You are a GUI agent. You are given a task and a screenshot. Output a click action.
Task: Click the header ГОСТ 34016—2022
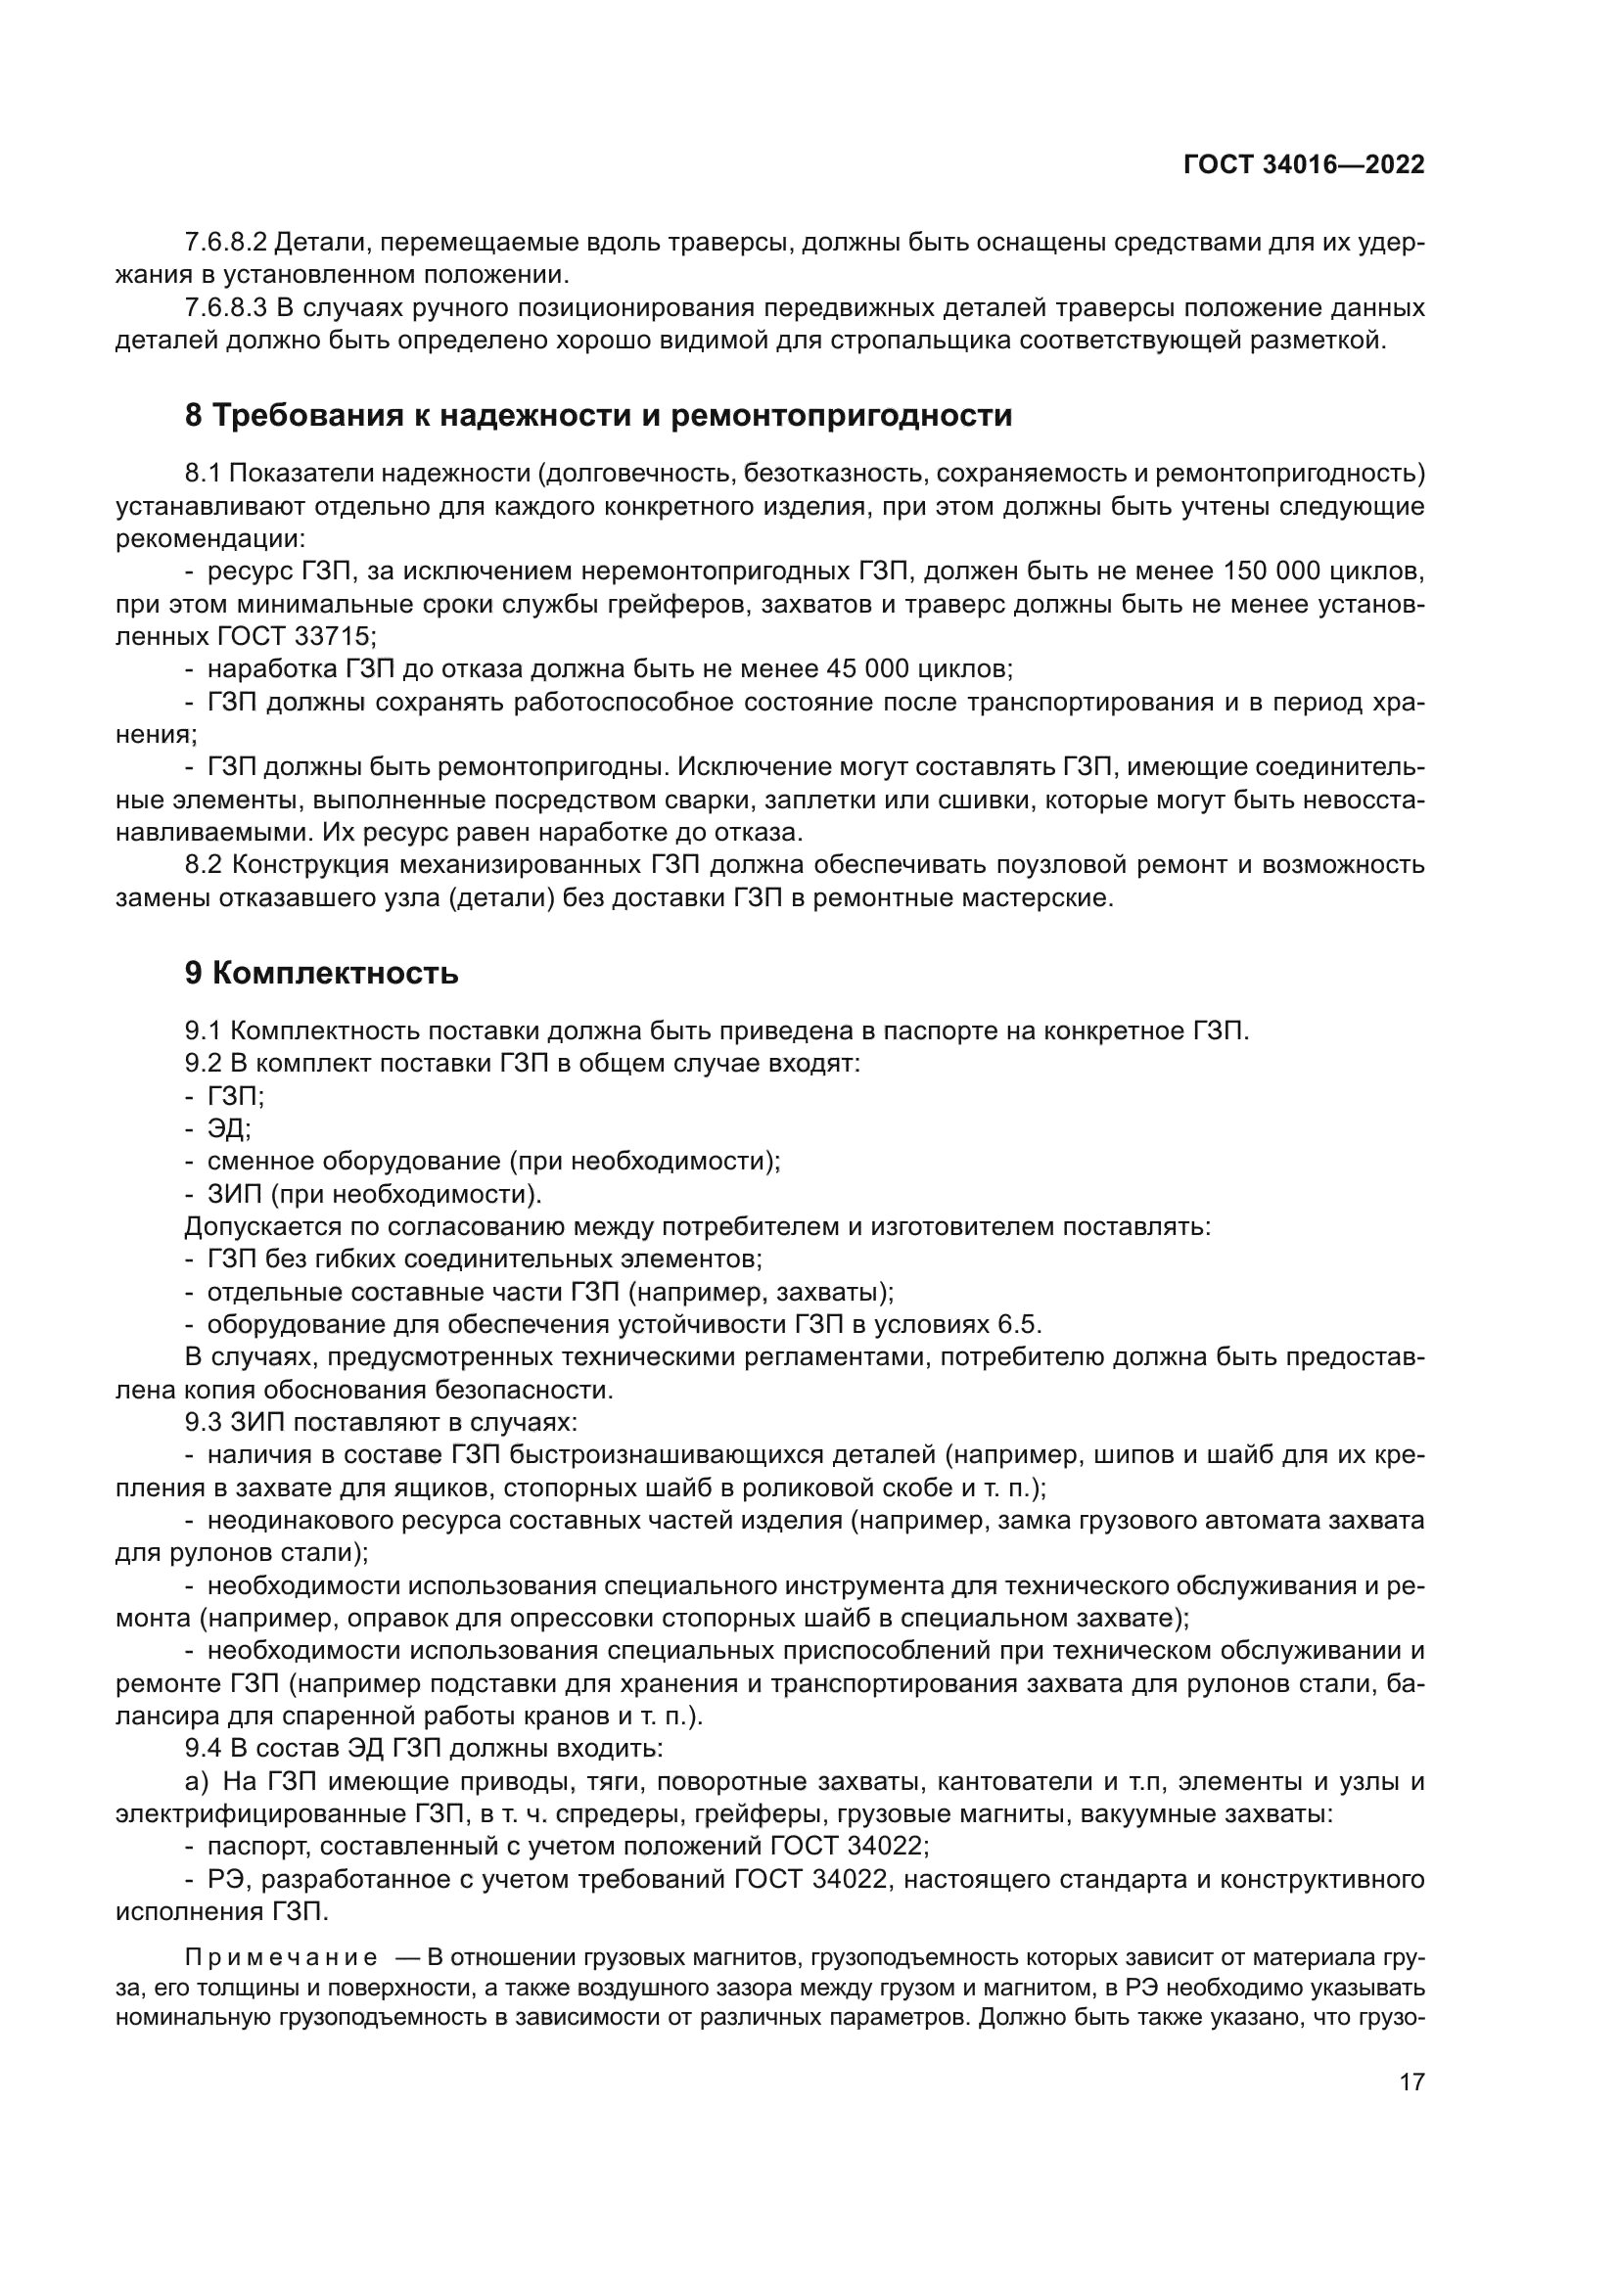click(1303, 165)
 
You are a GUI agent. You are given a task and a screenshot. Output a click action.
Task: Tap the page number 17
click(1411, 2082)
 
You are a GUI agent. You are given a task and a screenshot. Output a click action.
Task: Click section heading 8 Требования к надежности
click(598, 415)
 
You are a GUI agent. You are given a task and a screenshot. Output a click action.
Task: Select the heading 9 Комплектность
click(321, 973)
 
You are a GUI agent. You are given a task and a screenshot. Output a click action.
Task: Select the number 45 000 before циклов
click(869, 668)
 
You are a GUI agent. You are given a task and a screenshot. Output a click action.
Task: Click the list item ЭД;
click(229, 1128)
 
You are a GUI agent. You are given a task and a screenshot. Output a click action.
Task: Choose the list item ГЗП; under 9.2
click(235, 1096)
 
